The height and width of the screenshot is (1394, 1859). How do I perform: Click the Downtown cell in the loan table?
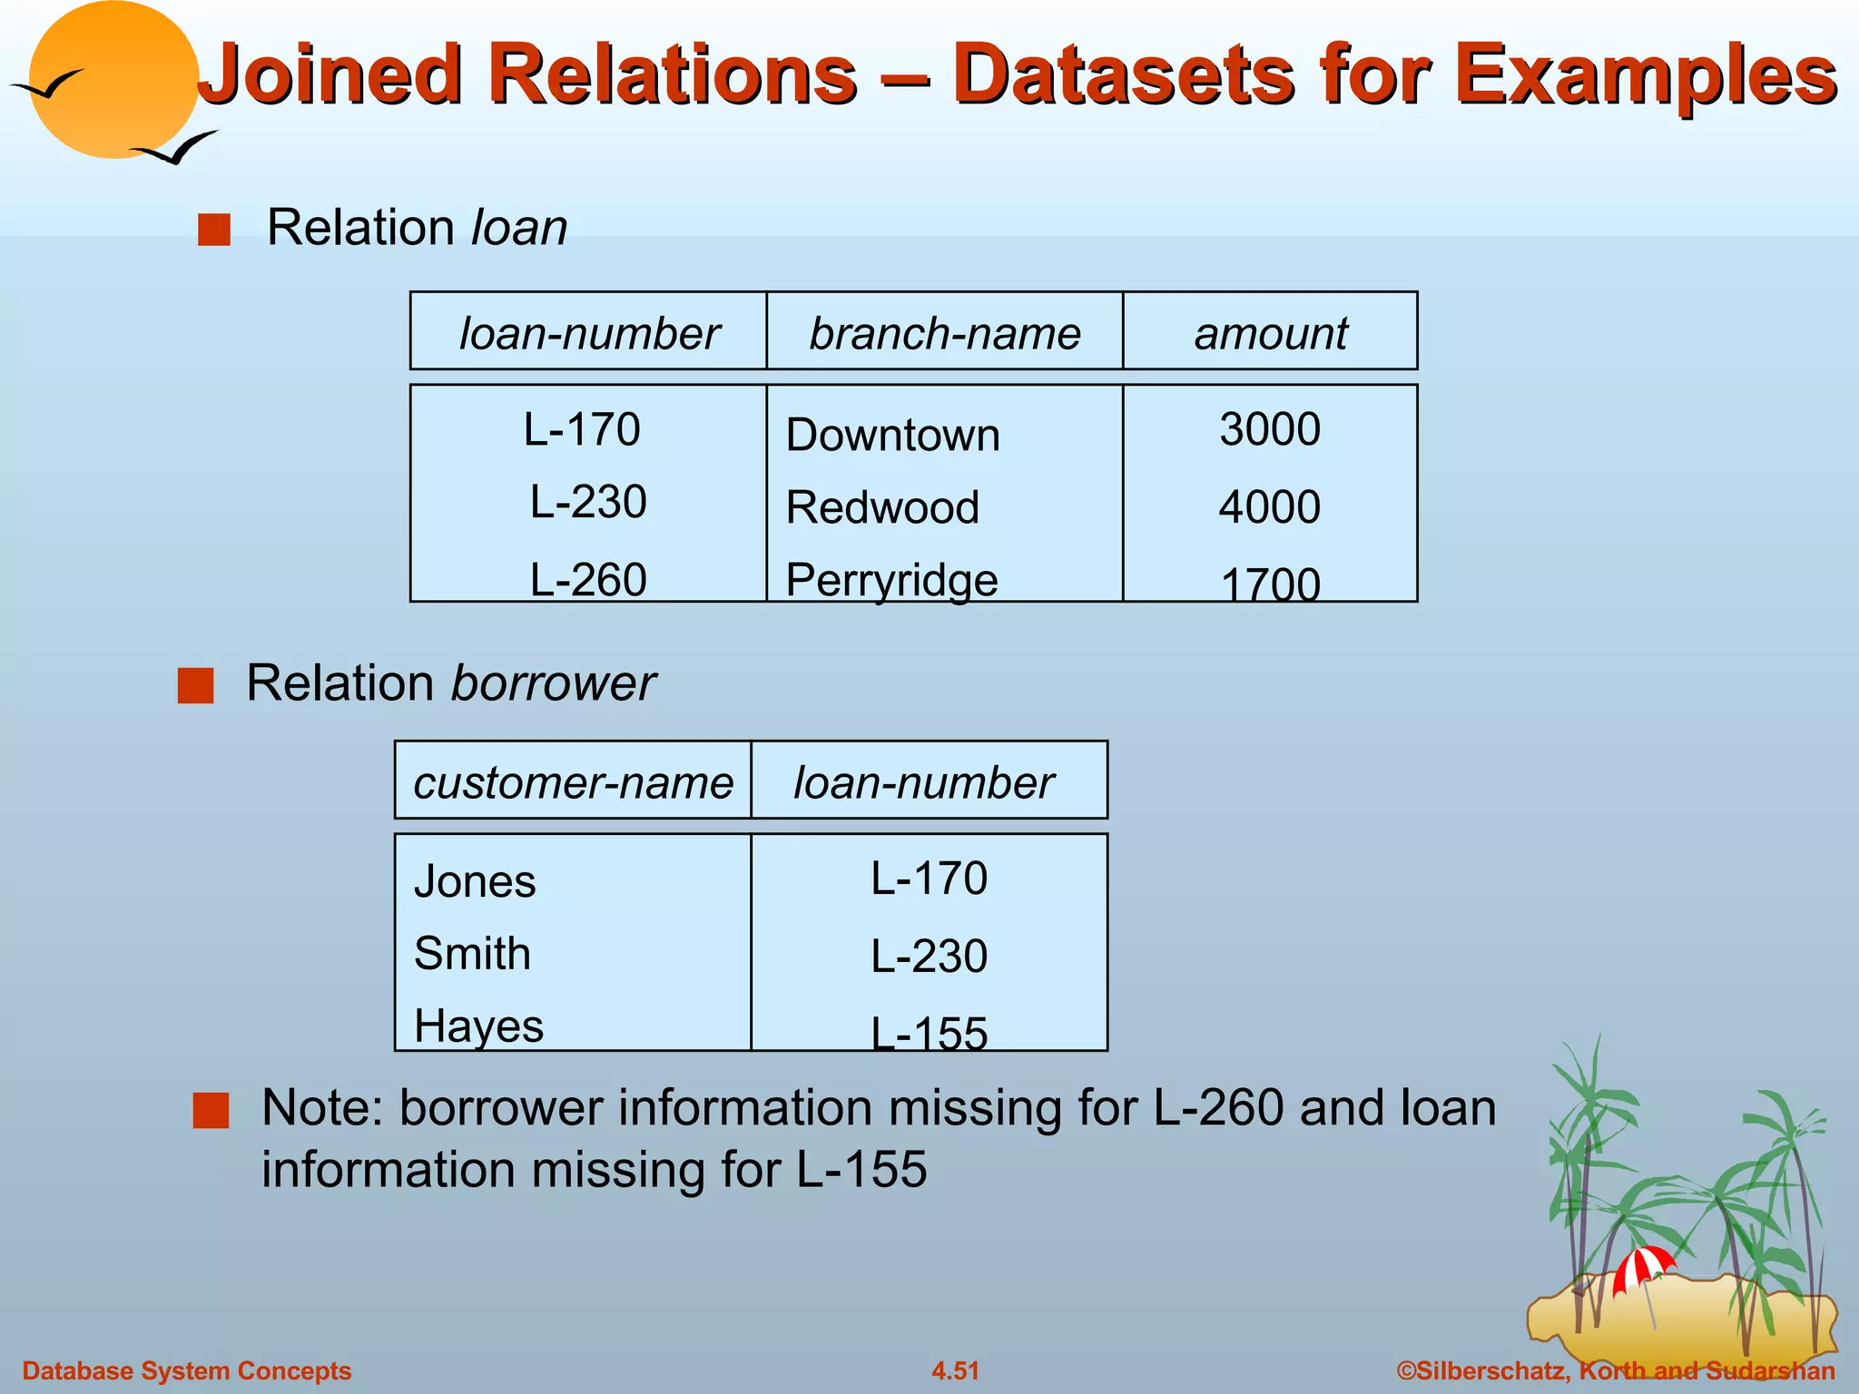(x=892, y=435)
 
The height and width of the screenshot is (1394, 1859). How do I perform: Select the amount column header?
(x=1270, y=333)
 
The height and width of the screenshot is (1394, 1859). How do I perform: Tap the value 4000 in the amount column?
(x=1269, y=506)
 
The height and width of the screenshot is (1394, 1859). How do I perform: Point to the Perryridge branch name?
(x=891, y=580)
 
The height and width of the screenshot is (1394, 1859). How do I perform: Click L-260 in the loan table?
(x=588, y=580)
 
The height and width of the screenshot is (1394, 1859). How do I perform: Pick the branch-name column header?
(x=945, y=333)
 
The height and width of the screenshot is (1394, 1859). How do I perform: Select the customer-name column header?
(x=573, y=782)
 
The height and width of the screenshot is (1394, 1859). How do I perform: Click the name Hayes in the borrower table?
(x=478, y=1026)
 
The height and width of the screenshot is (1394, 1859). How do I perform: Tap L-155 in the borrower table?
(x=929, y=1033)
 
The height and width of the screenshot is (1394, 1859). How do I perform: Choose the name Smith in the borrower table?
(x=472, y=954)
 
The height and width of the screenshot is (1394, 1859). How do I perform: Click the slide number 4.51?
(x=955, y=1370)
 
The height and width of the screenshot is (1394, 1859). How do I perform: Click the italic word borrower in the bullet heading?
(x=553, y=683)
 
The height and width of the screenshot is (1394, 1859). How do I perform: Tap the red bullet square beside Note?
(x=211, y=1110)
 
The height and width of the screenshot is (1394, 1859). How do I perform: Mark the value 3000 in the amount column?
(x=1269, y=429)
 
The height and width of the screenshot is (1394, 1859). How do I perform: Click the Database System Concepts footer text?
(x=186, y=1370)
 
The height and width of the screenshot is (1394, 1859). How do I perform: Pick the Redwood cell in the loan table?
(x=882, y=507)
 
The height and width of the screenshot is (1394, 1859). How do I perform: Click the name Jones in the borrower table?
(x=475, y=881)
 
